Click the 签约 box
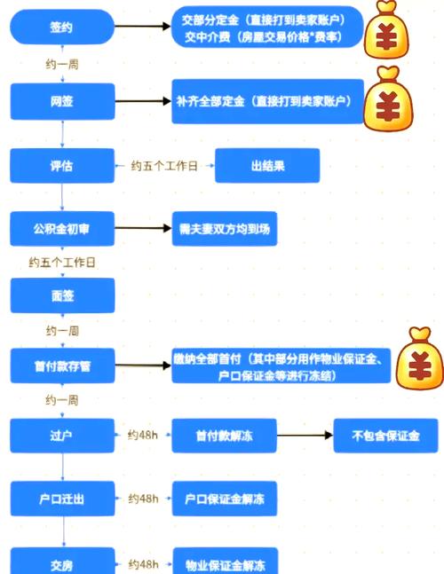coord(62,28)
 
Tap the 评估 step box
coord(62,166)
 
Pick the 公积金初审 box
coord(62,229)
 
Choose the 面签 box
coord(62,295)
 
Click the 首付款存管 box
coord(62,366)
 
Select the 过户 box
coord(62,436)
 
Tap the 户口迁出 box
coord(62,498)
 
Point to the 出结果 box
coord(267,166)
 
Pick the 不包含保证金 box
coord(385,436)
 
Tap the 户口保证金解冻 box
coord(225,498)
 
